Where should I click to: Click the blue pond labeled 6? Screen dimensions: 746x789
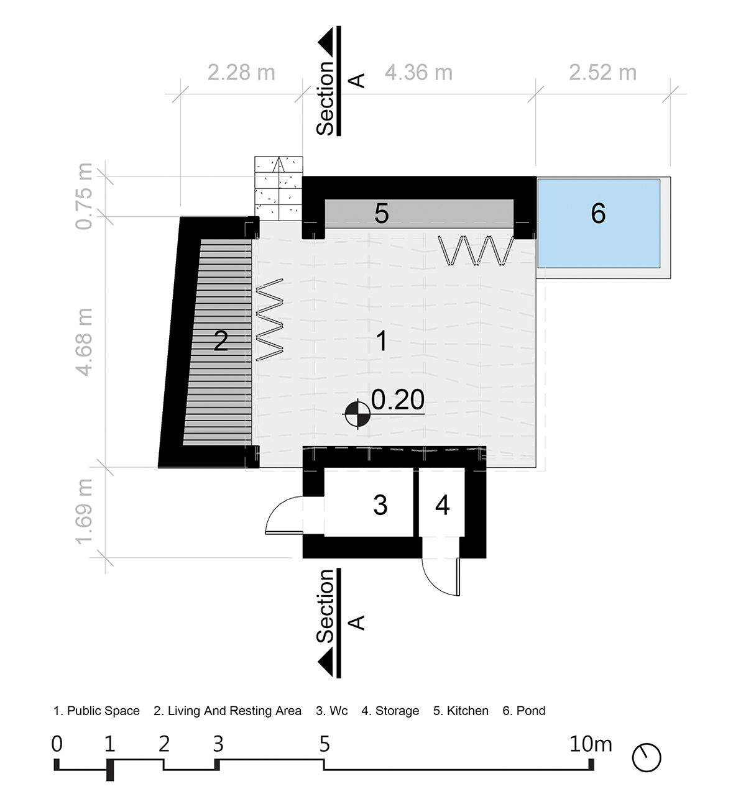coord(599,223)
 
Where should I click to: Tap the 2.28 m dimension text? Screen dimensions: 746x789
coord(241,72)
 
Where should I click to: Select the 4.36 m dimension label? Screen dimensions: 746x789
coord(419,72)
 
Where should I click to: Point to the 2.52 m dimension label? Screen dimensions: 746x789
coord(603,72)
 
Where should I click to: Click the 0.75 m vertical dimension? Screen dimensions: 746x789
coord(84,196)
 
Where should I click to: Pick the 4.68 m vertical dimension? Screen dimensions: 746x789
coord(84,342)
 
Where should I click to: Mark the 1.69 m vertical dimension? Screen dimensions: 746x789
coord(84,512)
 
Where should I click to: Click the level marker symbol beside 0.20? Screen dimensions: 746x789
coord(357,414)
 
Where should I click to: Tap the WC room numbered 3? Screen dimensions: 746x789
coord(369,502)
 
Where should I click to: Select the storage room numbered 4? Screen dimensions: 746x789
coord(442,502)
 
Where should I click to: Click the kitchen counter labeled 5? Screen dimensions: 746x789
coord(419,214)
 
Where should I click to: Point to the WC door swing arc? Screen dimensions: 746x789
coord(284,515)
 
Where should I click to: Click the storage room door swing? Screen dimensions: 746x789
coord(441,577)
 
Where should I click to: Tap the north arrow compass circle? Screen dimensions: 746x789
coord(647,757)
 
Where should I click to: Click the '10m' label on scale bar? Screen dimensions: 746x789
coord(591,744)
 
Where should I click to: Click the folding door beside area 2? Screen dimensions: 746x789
coord(269,320)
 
